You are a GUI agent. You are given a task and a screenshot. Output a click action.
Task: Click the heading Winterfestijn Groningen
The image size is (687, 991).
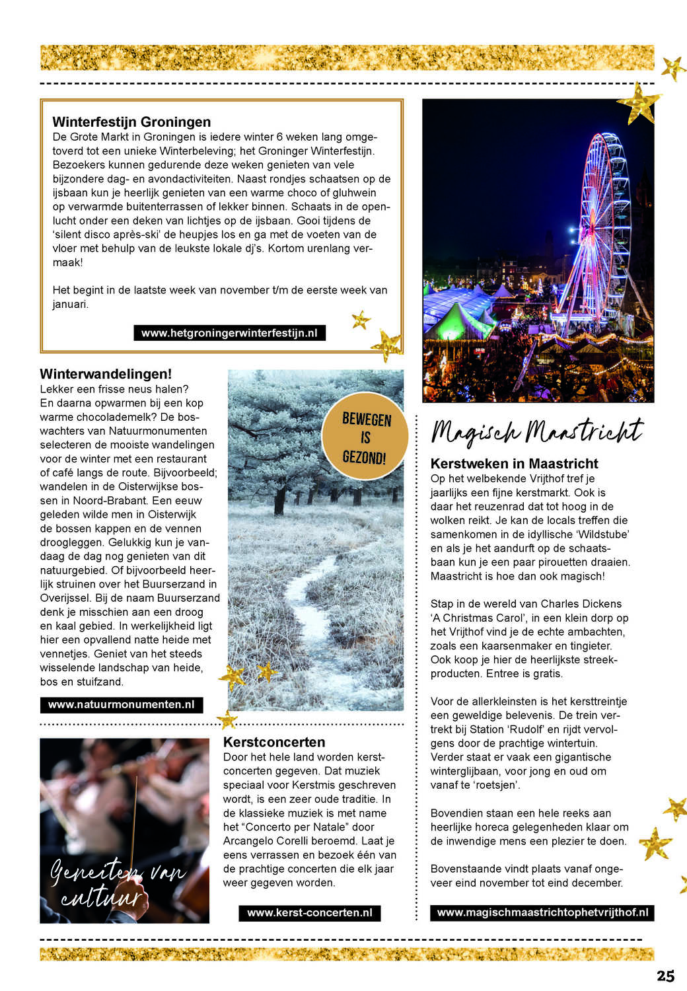coord(131,122)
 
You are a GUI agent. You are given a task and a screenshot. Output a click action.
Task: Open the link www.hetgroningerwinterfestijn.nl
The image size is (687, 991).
coord(229,333)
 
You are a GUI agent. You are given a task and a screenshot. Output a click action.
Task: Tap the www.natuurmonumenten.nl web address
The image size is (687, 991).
coord(121,704)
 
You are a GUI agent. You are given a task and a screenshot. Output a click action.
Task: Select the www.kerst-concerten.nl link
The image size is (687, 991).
coord(309,912)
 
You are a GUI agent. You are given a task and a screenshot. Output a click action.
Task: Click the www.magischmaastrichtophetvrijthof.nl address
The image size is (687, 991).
coord(542,912)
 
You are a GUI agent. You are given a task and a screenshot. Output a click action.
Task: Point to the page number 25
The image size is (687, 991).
coord(665,976)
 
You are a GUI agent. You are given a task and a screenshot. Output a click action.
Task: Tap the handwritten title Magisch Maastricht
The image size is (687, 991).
coord(536,431)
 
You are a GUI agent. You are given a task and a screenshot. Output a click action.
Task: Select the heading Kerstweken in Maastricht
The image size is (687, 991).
coord(514,464)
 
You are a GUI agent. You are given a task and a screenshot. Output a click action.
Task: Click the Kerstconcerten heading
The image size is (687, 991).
coord(274,742)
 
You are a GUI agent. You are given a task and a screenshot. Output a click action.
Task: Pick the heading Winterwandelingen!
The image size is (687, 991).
coord(106,374)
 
